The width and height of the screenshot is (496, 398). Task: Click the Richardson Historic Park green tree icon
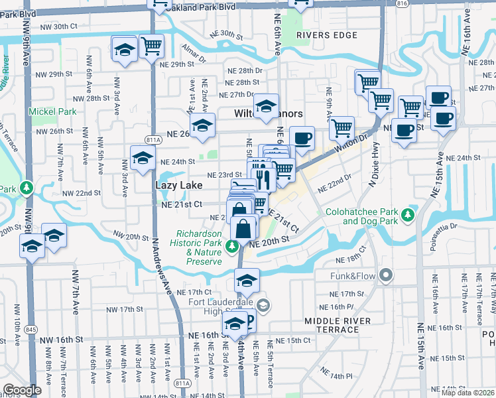click(231, 247)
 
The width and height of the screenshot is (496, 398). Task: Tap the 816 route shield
click(420, 3)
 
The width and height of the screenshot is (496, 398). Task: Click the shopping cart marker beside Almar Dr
click(152, 46)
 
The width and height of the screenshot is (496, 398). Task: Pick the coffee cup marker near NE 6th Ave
click(302, 138)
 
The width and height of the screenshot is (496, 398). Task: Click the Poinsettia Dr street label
click(456, 220)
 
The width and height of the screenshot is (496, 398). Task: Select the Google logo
click(22, 390)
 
